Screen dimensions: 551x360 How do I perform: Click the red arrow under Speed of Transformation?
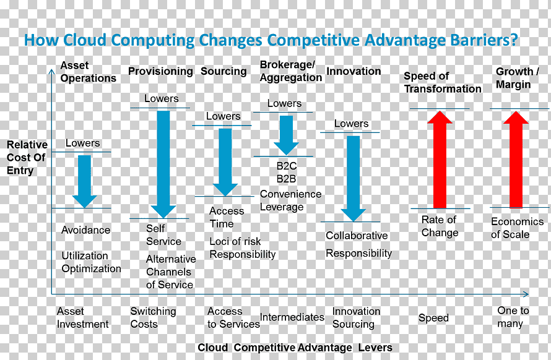[x=440, y=160]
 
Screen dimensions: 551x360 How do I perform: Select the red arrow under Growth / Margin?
[x=516, y=160]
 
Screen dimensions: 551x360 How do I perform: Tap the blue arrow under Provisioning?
[x=163, y=165]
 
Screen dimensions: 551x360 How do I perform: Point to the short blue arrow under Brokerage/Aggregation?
[x=286, y=135]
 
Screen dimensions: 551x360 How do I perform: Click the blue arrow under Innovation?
[x=353, y=179]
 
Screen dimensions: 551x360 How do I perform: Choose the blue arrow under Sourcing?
[x=225, y=162]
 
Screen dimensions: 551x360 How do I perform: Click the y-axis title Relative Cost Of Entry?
[x=27, y=157]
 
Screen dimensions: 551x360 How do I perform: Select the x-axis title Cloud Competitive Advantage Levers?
[x=295, y=348]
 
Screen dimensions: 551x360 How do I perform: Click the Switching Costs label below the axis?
[x=153, y=317]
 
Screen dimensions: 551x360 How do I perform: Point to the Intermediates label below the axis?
[x=292, y=317]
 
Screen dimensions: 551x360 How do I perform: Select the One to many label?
[x=513, y=317]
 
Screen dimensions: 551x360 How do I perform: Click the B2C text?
[x=287, y=166]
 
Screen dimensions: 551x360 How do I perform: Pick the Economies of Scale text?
[x=518, y=228]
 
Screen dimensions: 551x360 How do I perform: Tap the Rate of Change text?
[x=440, y=226]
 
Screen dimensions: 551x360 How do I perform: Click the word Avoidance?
[x=85, y=230]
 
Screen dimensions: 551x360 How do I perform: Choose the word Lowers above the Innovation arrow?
[x=352, y=124]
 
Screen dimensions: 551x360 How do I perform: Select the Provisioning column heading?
[x=160, y=71]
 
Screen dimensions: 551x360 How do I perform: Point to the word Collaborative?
[x=357, y=235]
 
